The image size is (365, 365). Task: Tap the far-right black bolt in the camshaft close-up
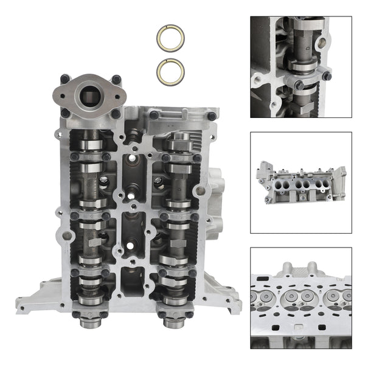tap(327, 75)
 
